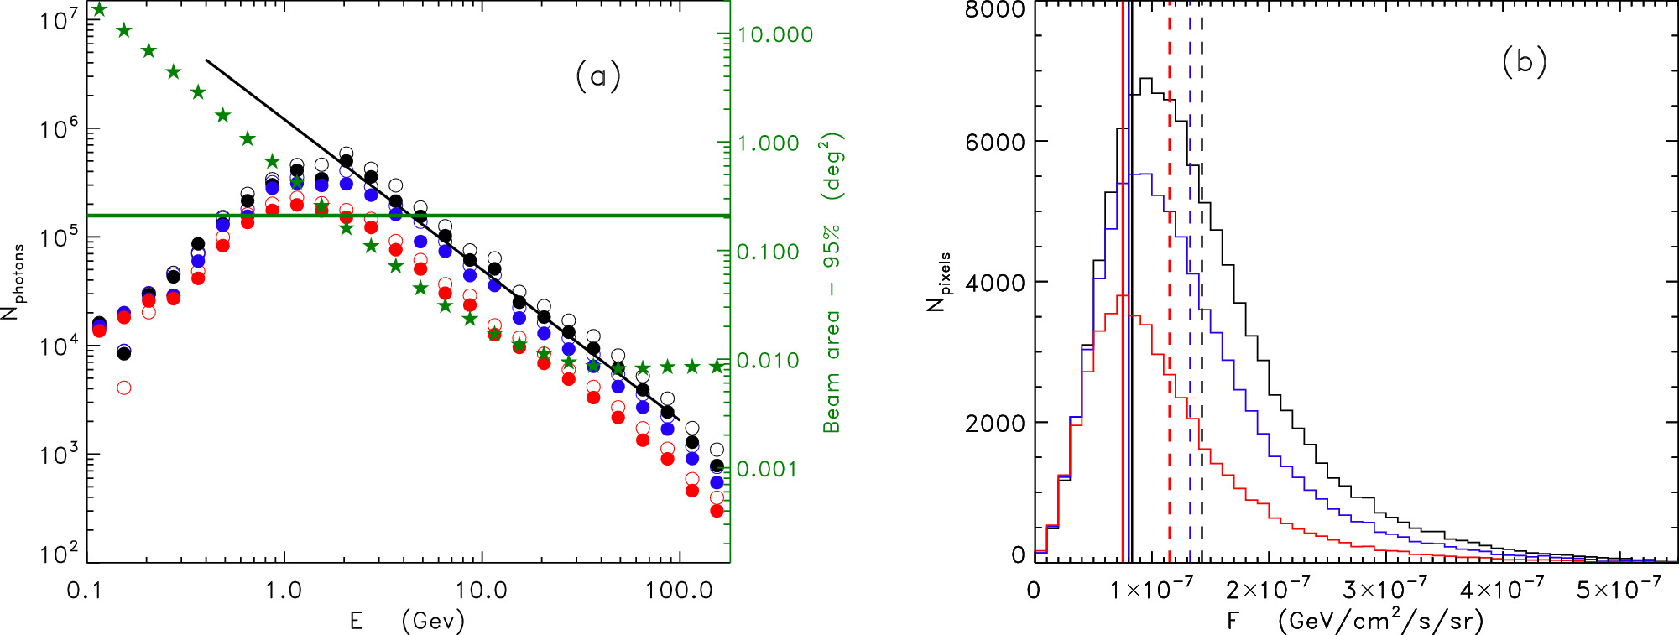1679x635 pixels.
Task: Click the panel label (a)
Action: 597,76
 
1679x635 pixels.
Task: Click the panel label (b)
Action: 1524,62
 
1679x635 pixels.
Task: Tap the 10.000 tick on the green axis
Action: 774,35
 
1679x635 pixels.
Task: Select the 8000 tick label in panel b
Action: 995,10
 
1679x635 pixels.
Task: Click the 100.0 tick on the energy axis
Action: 679,591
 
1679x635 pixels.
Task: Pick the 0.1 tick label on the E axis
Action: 84,591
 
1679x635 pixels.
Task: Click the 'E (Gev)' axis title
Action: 407,621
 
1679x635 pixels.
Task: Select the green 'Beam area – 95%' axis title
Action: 832,283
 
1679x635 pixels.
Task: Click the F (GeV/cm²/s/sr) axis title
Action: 1354,621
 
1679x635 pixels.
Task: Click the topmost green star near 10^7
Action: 99,10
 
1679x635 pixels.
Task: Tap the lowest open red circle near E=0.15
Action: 124,388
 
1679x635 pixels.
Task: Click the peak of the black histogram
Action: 1145,79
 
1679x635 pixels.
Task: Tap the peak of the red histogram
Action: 1122,296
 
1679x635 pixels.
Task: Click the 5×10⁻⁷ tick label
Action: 1618,590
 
